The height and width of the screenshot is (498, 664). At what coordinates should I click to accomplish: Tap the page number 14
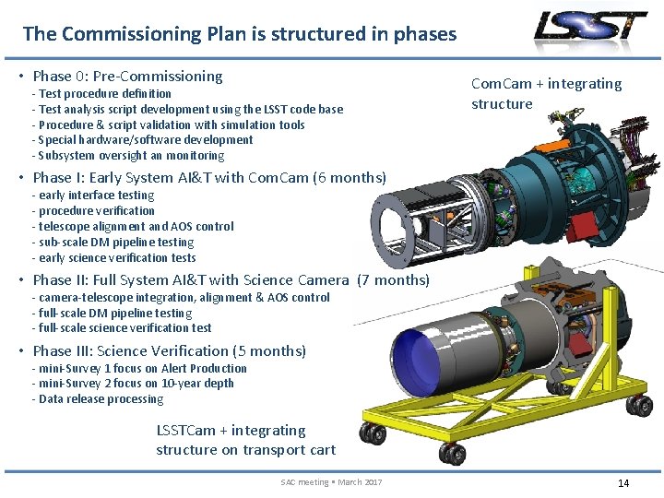tap(623, 482)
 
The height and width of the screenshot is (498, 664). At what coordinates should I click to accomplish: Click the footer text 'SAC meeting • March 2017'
tap(331, 482)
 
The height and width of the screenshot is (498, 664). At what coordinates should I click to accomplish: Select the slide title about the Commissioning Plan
tap(239, 34)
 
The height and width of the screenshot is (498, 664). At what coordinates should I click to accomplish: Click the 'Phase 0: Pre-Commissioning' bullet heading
tap(127, 76)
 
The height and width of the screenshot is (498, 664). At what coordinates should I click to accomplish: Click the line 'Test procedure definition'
tap(104, 93)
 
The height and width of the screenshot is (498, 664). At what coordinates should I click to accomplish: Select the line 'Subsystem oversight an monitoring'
tap(131, 155)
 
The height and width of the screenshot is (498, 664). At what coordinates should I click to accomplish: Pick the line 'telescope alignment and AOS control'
tap(136, 226)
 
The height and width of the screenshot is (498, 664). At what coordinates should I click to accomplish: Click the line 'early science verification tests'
tap(116, 257)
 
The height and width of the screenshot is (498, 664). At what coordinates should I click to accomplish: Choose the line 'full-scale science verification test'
tap(125, 327)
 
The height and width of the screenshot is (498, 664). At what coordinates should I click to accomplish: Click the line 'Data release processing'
tap(100, 399)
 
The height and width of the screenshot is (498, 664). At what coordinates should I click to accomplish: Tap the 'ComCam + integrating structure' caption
tap(546, 93)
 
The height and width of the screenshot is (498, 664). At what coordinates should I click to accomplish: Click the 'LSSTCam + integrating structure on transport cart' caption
tap(245, 440)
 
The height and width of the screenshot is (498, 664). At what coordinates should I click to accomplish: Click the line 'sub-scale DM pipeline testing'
tap(116, 242)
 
